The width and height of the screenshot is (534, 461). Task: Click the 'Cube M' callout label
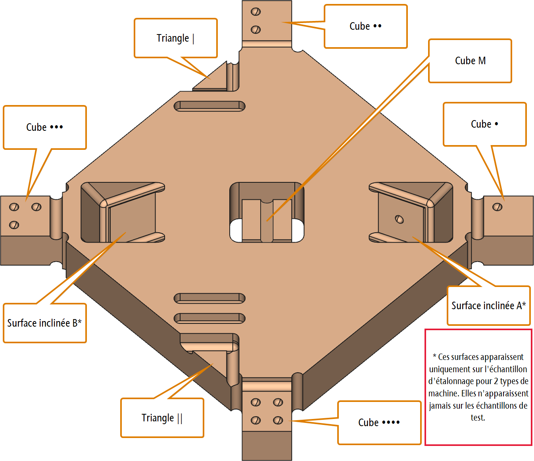pos(470,61)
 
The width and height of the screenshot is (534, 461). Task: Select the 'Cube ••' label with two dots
pos(365,26)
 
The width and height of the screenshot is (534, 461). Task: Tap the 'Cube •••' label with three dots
pos(44,127)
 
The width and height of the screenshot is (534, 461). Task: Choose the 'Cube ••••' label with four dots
pos(379,423)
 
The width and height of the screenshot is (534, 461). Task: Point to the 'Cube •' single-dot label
pos(484,124)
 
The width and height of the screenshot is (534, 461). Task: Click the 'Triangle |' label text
pos(175,38)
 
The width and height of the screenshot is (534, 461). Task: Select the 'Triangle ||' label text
pos(162,418)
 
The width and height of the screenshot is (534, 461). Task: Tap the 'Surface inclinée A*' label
pos(488,306)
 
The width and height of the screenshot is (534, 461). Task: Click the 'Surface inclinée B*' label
pos(44,323)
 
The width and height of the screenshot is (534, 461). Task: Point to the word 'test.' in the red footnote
pos(478,417)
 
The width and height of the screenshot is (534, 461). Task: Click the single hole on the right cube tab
pos(498,207)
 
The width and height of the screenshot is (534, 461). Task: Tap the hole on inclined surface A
pos(400,219)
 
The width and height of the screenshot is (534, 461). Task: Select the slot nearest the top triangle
pos(209,106)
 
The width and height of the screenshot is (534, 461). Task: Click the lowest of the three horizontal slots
pos(209,318)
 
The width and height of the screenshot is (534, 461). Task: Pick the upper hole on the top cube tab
pos(256,11)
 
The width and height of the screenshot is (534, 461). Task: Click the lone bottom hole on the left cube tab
pos(14,225)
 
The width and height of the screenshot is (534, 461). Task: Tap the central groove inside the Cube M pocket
pos(267,221)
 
